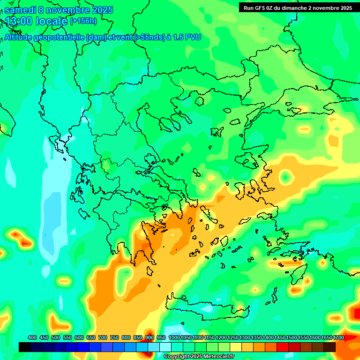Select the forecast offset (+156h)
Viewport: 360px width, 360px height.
coord(83,21)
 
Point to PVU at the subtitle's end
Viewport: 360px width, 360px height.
coord(193,37)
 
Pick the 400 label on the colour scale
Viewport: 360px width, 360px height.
coord(32,337)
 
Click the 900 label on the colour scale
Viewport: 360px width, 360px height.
coord(150,337)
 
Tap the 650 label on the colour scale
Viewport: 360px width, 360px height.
coord(91,337)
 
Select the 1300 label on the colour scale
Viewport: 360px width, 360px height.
coord(245,337)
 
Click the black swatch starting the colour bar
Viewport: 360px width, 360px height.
coord(25,347)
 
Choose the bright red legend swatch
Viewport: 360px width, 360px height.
coord(283,347)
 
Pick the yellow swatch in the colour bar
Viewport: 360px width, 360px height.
coord(236,347)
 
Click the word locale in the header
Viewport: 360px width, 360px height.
coord(50,21)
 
